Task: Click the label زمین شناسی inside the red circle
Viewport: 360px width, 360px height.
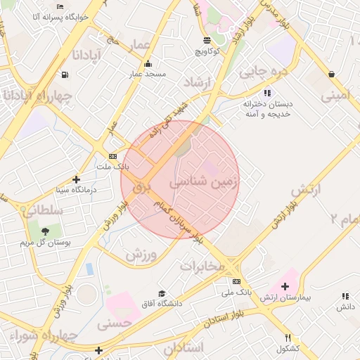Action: tap(204, 181)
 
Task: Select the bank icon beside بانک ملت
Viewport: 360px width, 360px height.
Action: tap(112, 156)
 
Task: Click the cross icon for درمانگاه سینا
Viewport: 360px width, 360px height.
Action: tap(77, 179)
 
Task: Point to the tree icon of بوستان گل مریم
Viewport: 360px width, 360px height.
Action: tap(45, 231)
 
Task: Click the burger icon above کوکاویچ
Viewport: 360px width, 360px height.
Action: tap(207, 41)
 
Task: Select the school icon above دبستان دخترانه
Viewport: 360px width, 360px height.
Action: tap(266, 93)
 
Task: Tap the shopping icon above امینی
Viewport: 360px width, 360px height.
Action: tap(330, 74)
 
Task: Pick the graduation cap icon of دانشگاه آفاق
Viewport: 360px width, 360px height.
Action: tap(161, 294)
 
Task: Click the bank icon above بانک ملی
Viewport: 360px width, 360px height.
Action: tap(236, 281)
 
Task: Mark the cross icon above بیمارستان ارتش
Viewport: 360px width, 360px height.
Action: tap(285, 286)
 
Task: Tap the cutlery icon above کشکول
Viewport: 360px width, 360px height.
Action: tap(288, 338)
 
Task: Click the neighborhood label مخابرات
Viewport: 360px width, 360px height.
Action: tap(202, 266)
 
